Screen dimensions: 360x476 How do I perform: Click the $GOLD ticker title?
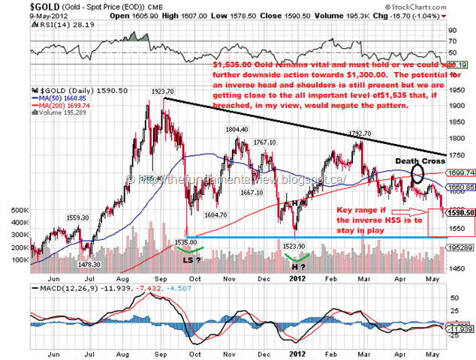point(22,6)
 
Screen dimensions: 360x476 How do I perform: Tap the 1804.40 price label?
point(236,129)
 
